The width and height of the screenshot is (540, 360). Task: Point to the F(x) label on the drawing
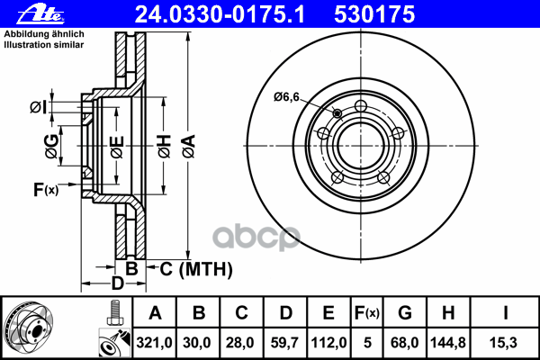point(46,189)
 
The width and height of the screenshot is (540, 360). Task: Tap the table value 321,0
point(155,341)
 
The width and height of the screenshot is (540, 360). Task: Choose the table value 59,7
point(286,341)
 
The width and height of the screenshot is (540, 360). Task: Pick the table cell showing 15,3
point(506,341)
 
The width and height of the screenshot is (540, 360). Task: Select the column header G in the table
point(405,313)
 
